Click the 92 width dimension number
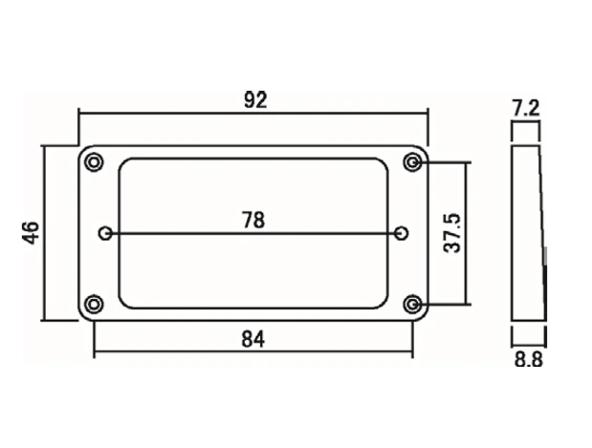click(x=255, y=100)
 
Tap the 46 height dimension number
click(x=32, y=233)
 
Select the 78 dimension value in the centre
click(x=253, y=221)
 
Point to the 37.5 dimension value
click(x=452, y=233)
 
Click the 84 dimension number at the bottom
click(x=252, y=339)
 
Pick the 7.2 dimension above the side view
click(x=526, y=108)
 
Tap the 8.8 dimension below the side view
click(x=529, y=359)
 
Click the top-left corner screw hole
click(x=94, y=162)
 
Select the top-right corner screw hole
click(x=412, y=162)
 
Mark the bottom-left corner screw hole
click(x=94, y=304)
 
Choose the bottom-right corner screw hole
click(x=412, y=304)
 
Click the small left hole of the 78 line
click(x=106, y=233)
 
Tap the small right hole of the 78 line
click(x=401, y=233)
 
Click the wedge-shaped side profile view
click(x=528, y=233)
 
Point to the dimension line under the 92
click(x=253, y=113)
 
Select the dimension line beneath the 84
click(x=252, y=352)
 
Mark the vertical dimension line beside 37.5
click(x=466, y=233)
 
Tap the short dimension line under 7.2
click(x=526, y=121)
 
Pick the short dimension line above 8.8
click(x=529, y=344)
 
